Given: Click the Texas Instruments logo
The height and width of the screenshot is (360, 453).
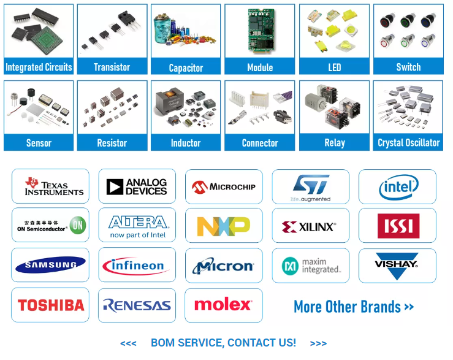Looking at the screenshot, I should point(50,186).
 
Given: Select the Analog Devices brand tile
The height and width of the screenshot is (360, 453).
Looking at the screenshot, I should point(137,186).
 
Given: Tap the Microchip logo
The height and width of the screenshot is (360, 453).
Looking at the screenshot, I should point(224,186).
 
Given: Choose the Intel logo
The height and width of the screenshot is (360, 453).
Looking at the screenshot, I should point(398,186).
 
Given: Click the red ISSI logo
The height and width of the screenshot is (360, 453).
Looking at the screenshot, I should point(398,226).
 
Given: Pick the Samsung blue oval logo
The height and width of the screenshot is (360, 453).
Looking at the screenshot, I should point(50,266).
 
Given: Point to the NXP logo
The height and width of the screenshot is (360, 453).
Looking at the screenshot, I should point(224,226).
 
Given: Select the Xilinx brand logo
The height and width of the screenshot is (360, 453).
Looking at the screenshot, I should point(310,226).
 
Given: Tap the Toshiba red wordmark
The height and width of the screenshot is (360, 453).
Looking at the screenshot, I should point(50,305).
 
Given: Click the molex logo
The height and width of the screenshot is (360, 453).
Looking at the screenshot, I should point(224,305).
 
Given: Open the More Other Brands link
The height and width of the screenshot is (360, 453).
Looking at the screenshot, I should point(354,307).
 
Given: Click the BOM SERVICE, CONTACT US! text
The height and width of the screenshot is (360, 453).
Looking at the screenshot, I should point(223,343).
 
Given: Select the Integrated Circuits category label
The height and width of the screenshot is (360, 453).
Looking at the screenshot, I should point(39,67).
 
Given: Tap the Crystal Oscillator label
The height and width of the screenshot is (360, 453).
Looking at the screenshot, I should point(408,143).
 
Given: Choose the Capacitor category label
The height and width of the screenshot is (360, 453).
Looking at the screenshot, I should point(186,67).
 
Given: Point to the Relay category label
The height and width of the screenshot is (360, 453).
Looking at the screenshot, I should point(334,143).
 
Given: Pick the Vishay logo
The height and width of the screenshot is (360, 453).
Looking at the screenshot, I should point(397,264).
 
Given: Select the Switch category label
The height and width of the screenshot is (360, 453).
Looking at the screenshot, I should point(408,67).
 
